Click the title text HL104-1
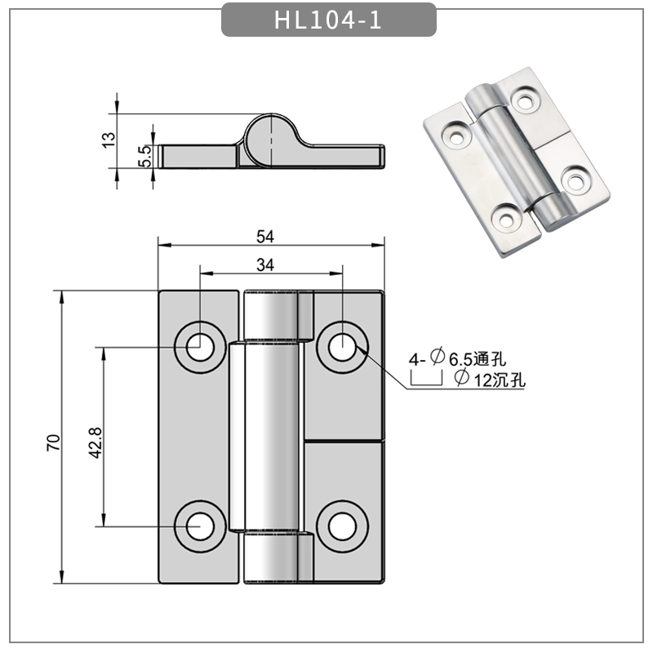(328, 20)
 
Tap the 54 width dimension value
(265, 236)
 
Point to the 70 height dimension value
(54, 443)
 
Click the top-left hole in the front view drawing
(198, 347)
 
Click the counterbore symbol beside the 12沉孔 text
(424, 379)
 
